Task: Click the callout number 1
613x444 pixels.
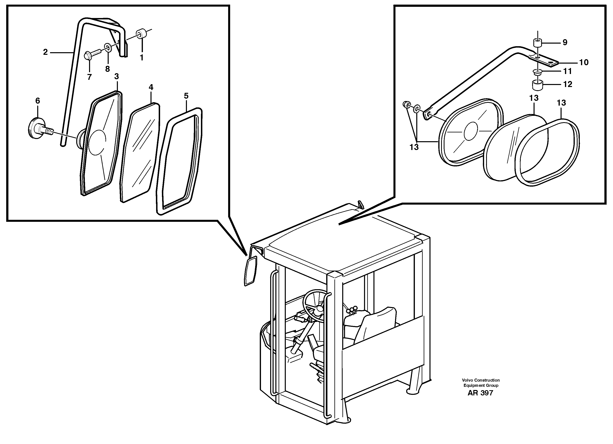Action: tap(141, 58)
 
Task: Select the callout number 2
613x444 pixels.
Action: tap(45, 52)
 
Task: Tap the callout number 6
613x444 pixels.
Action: tap(38, 101)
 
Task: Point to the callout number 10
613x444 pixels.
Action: tap(584, 62)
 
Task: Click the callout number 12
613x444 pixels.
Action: tap(568, 84)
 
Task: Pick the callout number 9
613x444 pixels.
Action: tap(565, 42)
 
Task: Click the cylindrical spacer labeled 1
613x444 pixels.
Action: tap(141, 34)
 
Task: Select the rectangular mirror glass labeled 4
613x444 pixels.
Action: tap(140, 152)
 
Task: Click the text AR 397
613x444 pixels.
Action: tap(480, 393)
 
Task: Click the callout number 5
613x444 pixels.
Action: tap(186, 96)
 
